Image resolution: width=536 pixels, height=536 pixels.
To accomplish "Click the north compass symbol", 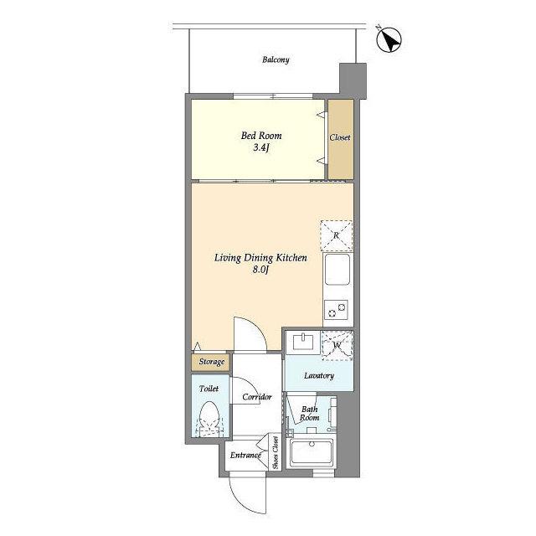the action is [x=389, y=40].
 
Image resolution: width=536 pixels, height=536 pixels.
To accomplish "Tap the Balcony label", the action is [x=276, y=59].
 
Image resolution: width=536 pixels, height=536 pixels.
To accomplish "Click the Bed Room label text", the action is [x=261, y=136].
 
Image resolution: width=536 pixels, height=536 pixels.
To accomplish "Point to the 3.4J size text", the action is [x=261, y=148].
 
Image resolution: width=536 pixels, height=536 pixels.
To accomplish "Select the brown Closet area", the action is [x=341, y=139].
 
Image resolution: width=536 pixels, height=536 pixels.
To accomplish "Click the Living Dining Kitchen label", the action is [x=260, y=258].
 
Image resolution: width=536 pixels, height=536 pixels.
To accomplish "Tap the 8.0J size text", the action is [x=260, y=270].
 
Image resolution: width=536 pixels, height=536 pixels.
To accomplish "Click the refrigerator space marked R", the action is [x=337, y=236].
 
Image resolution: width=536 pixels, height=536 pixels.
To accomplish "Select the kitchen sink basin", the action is [x=338, y=270].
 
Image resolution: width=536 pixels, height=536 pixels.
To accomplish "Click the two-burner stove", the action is [x=336, y=310].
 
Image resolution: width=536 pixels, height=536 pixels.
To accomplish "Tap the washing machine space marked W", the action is [x=337, y=345].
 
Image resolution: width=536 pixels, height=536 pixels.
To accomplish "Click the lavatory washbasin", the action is [x=303, y=343].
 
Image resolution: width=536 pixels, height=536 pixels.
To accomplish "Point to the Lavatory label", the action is [x=318, y=376].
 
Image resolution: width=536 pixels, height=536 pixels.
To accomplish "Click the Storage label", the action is [x=212, y=362].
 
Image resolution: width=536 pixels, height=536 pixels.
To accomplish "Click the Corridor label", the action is [x=257, y=397].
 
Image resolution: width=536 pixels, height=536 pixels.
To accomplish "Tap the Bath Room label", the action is [x=309, y=413].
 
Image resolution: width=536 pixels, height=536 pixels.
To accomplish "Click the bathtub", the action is [x=312, y=452].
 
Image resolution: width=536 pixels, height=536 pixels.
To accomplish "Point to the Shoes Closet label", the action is [x=276, y=452].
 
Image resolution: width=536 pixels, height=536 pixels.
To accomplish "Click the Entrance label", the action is [x=245, y=456].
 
